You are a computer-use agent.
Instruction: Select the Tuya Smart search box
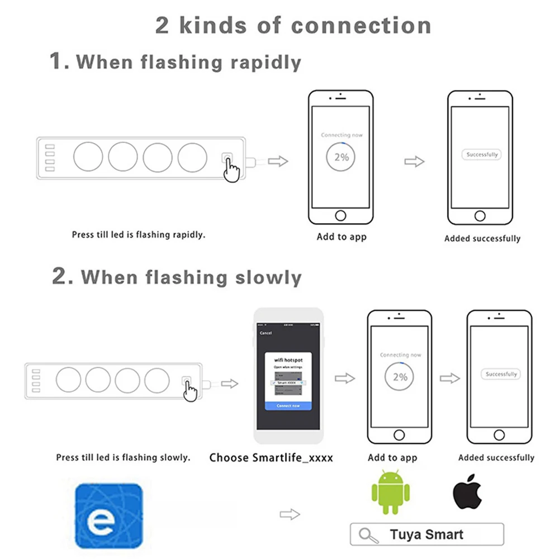pyautogui.click(x=427, y=534)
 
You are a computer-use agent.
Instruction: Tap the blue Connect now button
pyautogui.click(x=288, y=405)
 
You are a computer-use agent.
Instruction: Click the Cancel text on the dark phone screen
pyautogui.click(x=266, y=333)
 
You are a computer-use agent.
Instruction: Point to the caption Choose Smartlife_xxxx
pyautogui.click(x=271, y=458)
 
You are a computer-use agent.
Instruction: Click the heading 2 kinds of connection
pyautogui.click(x=293, y=26)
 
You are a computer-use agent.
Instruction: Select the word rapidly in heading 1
pyautogui.click(x=266, y=62)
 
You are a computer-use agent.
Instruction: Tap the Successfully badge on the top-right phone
pyautogui.click(x=482, y=154)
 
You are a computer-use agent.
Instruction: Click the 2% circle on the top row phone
pyautogui.click(x=341, y=157)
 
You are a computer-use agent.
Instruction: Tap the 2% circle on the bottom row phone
pyautogui.click(x=400, y=377)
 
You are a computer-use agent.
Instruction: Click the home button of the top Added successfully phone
pyautogui.click(x=480, y=216)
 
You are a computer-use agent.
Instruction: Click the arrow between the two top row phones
pyautogui.click(x=414, y=162)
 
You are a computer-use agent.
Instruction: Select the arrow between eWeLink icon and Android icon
pyautogui.click(x=290, y=514)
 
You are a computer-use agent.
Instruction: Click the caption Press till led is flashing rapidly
pyautogui.click(x=139, y=235)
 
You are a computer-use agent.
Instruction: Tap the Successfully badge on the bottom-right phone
pyautogui.click(x=501, y=374)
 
